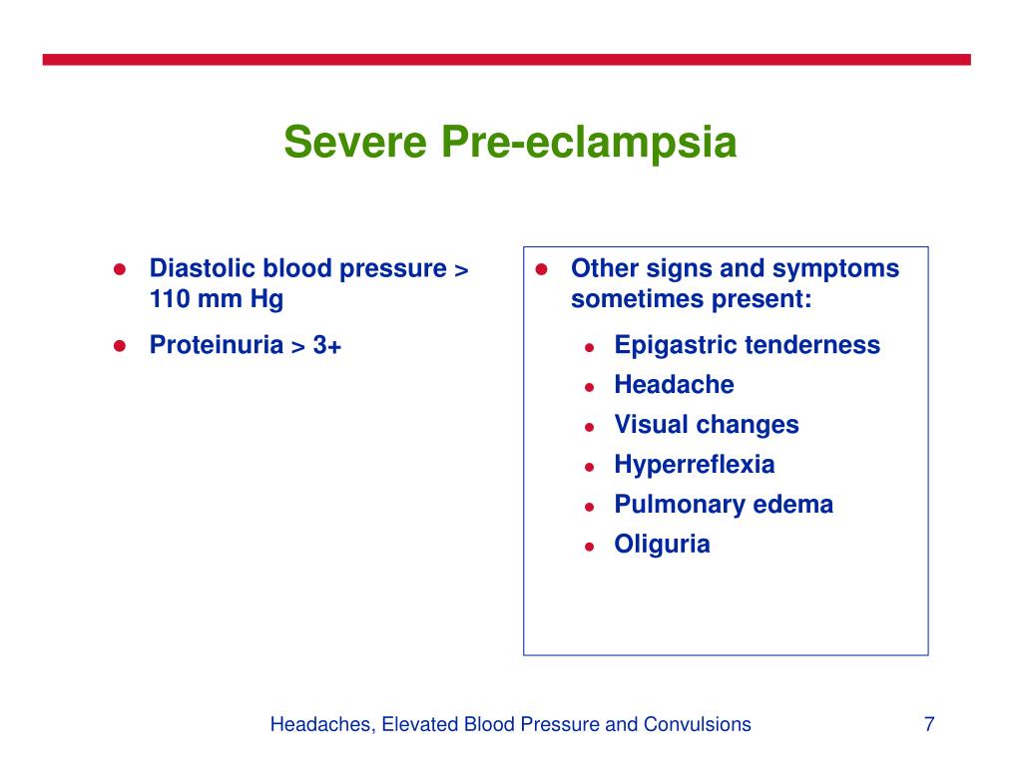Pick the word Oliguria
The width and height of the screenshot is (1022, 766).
[x=663, y=545]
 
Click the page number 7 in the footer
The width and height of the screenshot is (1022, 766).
[x=929, y=724]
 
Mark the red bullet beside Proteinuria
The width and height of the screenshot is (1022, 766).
[x=118, y=346]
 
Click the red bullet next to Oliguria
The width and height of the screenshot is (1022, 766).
[x=590, y=547]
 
